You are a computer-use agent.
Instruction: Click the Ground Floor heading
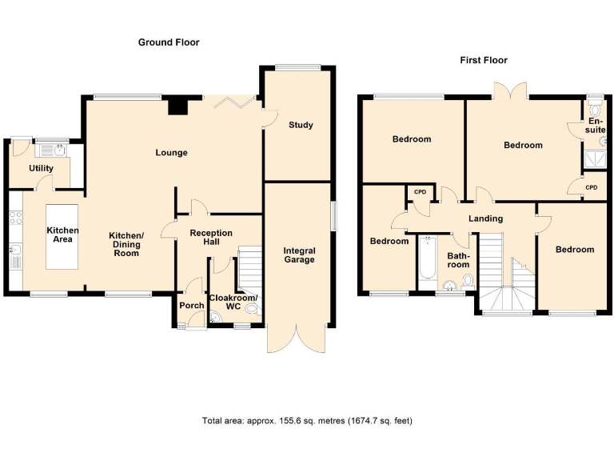(169, 42)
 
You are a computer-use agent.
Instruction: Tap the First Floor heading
(483, 60)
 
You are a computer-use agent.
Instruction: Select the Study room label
(301, 125)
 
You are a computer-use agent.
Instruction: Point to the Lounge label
(172, 152)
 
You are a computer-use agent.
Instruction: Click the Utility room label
(41, 169)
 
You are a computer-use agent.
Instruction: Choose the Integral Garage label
(299, 255)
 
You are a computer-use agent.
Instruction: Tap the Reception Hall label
(210, 238)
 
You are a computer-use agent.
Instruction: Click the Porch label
(192, 305)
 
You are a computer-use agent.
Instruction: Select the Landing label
(485, 218)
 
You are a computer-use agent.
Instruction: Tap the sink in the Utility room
(54, 149)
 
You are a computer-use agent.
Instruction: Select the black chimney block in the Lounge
(177, 106)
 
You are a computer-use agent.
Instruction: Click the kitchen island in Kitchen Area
(62, 236)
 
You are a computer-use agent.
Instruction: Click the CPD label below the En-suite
(591, 187)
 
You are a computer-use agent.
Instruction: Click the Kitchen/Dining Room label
(126, 243)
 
